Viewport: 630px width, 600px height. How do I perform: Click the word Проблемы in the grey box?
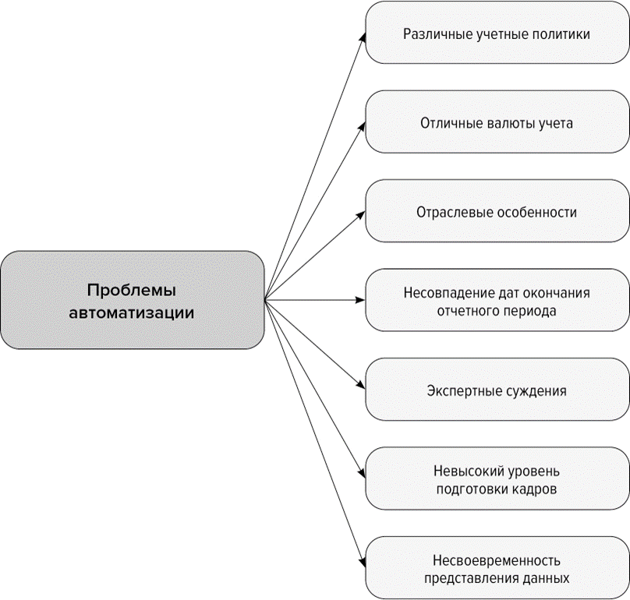click(x=132, y=290)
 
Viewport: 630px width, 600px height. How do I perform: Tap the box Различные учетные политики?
click(x=497, y=34)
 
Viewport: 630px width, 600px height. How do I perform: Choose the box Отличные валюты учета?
click(x=497, y=122)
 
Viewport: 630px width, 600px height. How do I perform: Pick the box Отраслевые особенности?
click(x=497, y=212)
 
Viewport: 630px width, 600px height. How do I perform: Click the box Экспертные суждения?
click(x=497, y=390)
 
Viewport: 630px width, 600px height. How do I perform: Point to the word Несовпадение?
click(x=447, y=293)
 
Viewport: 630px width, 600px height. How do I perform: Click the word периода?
click(x=531, y=310)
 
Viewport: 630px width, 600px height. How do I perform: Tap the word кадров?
click(x=536, y=489)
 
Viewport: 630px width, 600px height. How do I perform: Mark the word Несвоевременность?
click(x=497, y=561)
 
